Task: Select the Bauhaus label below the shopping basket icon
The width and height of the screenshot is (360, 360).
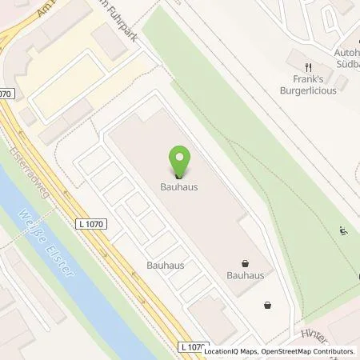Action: point(246,275)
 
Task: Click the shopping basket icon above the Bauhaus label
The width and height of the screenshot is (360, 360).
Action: point(246,262)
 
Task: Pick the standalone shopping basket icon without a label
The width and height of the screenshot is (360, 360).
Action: point(267,304)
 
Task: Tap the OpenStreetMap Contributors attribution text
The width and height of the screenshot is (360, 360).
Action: point(309,351)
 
